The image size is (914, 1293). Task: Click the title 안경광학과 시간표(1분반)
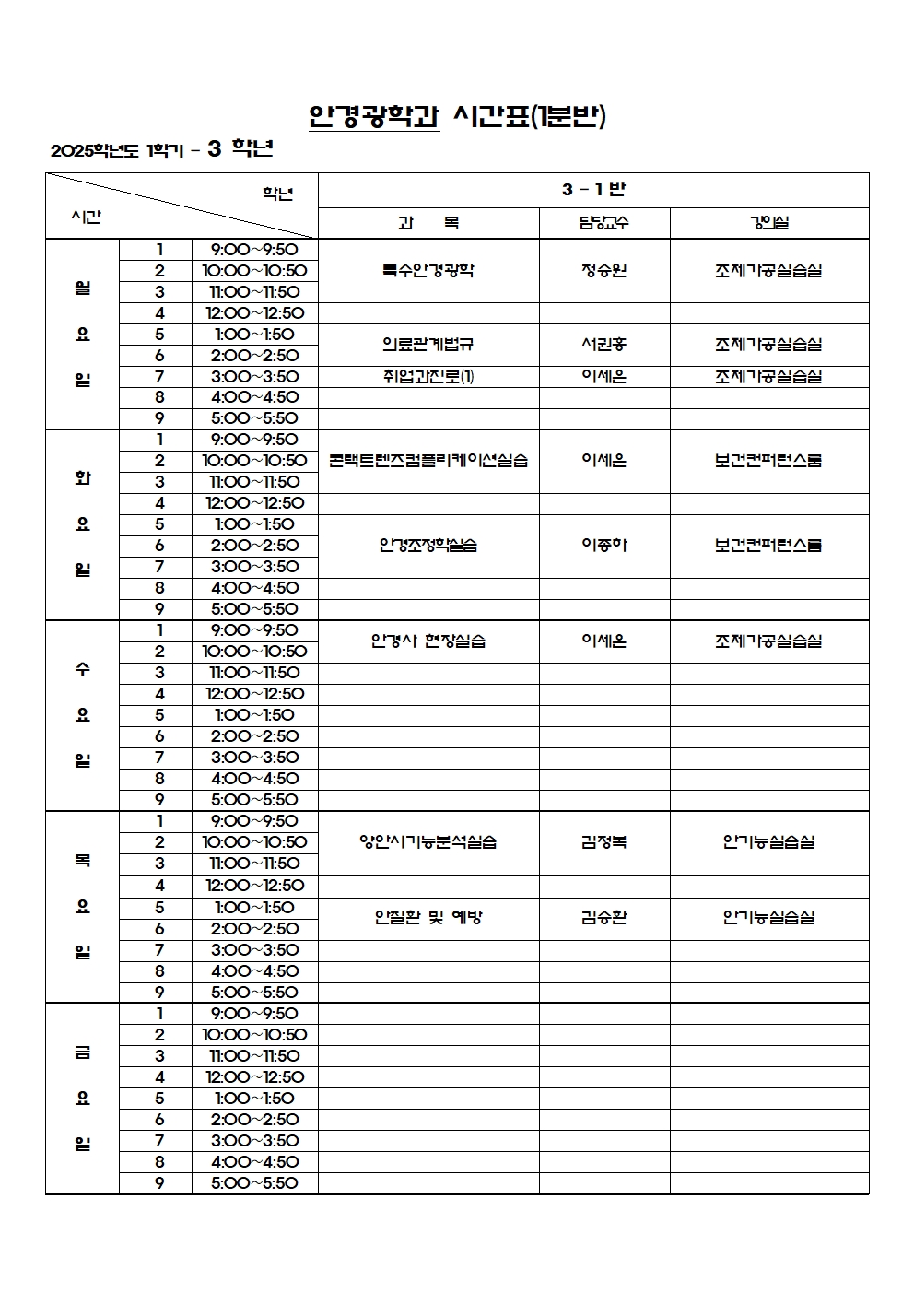point(457,116)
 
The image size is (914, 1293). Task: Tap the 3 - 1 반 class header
point(593,190)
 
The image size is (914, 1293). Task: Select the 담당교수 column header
point(604,223)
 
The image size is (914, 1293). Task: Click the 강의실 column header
point(768,223)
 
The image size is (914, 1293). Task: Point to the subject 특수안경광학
point(428,270)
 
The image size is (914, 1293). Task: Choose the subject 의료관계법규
point(428,345)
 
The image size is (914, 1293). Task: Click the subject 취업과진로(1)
point(428,376)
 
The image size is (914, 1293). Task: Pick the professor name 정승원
point(604,270)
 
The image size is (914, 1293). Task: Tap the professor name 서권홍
point(604,345)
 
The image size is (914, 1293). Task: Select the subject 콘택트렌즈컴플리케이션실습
point(428,461)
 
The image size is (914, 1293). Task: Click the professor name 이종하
point(604,546)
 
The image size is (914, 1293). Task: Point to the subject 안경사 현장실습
point(428,641)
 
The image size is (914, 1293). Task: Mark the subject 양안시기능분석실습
point(428,842)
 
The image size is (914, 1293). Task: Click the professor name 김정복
point(604,842)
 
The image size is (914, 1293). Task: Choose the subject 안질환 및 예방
point(428,918)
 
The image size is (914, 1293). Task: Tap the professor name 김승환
point(604,918)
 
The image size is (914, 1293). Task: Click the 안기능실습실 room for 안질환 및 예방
point(768,918)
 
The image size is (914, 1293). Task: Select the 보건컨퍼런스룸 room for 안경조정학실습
point(768,546)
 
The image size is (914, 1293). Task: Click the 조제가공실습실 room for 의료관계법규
point(768,345)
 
